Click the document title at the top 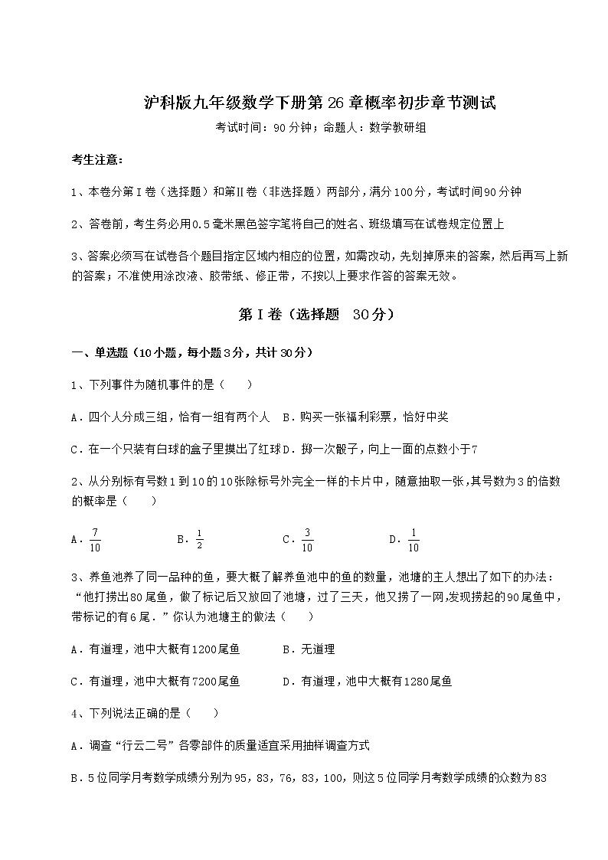tap(320, 103)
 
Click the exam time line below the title tap(320, 129)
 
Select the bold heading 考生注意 tap(96, 159)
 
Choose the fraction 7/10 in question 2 tap(96, 540)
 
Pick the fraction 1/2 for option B tap(198, 539)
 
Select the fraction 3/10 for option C tap(306, 540)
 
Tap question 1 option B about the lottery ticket tap(365, 417)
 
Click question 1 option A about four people tap(170, 417)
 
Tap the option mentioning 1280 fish tap(367, 681)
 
